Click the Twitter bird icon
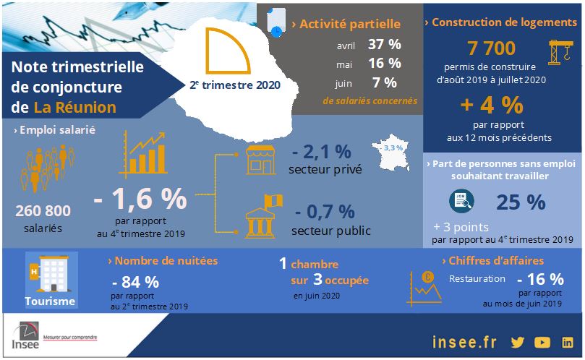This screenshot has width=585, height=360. (x=517, y=342)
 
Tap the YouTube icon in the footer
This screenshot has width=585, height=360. (x=542, y=342)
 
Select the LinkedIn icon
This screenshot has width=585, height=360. (x=568, y=342)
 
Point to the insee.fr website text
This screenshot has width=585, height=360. (x=463, y=342)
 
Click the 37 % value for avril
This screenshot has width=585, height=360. (x=384, y=45)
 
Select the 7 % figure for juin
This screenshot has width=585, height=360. (x=384, y=82)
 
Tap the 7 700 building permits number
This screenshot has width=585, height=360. (x=491, y=48)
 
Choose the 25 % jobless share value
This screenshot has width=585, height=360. (x=521, y=202)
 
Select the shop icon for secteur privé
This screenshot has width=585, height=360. (x=262, y=159)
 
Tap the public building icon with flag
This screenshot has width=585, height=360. (x=262, y=216)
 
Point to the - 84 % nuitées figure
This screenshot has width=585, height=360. (x=136, y=282)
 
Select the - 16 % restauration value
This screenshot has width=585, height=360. (x=540, y=279)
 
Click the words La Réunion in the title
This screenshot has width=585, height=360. (x=74, y=108)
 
